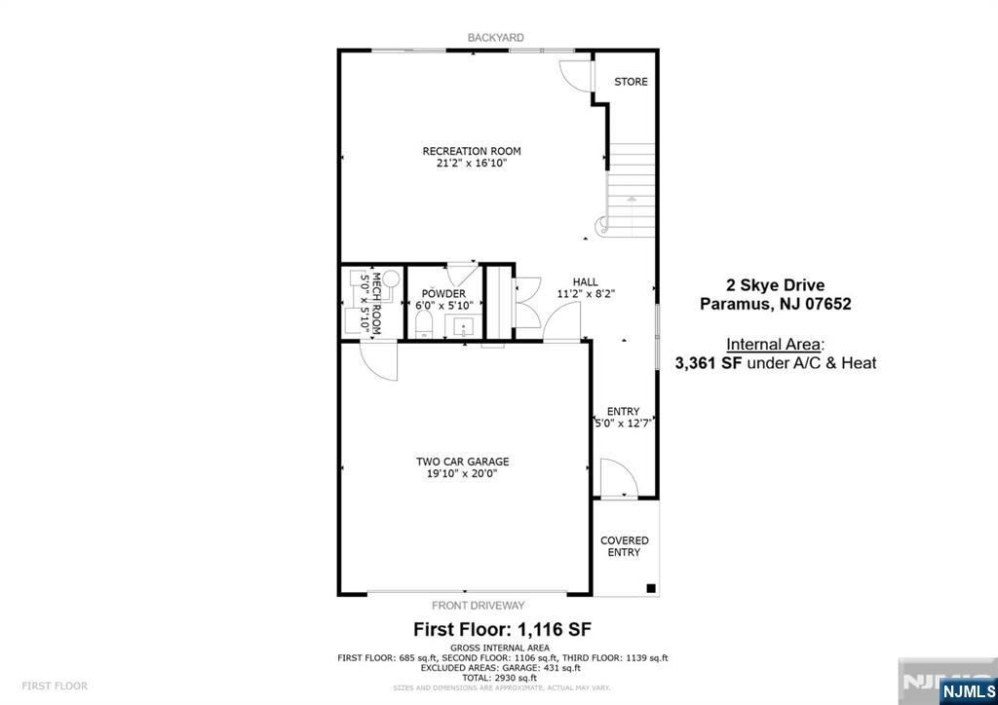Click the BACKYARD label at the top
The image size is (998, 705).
pyautogui.click(x=495, y=37)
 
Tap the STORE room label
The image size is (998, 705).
pyautogui.click(x=631, y=82)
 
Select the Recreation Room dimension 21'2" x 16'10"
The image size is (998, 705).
pyautogui.click(x=472, y=164)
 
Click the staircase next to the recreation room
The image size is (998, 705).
pyautogui.click(x=632, y=185)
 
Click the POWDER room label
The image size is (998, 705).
pyautogui.click(x=442, y=293)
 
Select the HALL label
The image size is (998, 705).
pyautogui.click(x=586, y=281)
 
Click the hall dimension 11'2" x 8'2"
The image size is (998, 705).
pyautogui.click(x=586, y=293)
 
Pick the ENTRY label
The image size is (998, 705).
pyautogui.click(x=623, y=412)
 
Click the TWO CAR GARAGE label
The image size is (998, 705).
pyautogui.click(x=462, y=462)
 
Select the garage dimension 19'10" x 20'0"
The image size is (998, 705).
pyautogui.click(x=462, y=474)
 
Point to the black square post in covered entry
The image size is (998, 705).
pyautogui.click(x=651, y=588)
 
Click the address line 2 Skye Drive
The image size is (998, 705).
pyautogui.click(x=775, y=285)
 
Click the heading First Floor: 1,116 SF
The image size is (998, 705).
pyautogui.click(x=503, y=628)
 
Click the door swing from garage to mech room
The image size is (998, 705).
pyautogui.click(x=378, y=362)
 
